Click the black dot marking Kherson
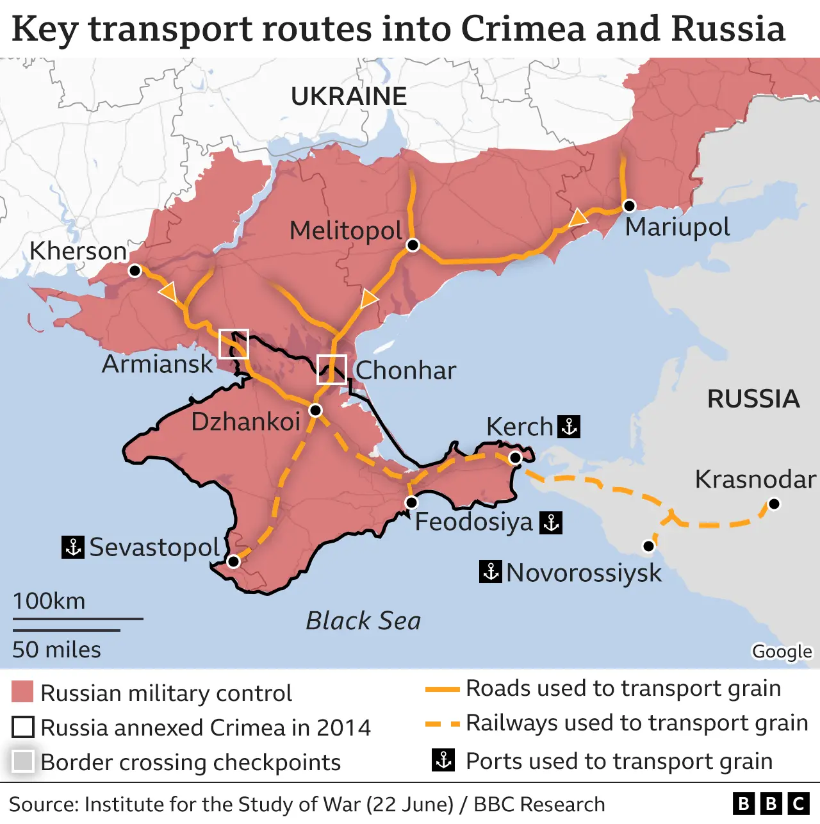coord(135,270)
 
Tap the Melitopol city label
coord(345,231)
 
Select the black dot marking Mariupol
coord(629,206)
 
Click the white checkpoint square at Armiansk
coord(233,344)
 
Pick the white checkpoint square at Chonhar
coord(331,369)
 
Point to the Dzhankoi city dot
coord(315,410)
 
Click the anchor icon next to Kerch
coord(569,426)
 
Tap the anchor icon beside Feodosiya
coord(551,522)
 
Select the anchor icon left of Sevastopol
coord(72,547)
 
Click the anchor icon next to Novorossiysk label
coord(490,572)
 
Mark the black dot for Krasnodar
coord(774,504)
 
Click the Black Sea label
coord(363,620)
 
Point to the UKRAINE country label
coord(348,97)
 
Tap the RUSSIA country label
coord(753,399)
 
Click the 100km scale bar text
coord(49,601)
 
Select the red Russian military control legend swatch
coord(22,693)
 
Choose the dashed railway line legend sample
coord(443,723)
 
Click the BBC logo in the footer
coord(771,803)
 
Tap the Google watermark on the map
coord(782,652)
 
